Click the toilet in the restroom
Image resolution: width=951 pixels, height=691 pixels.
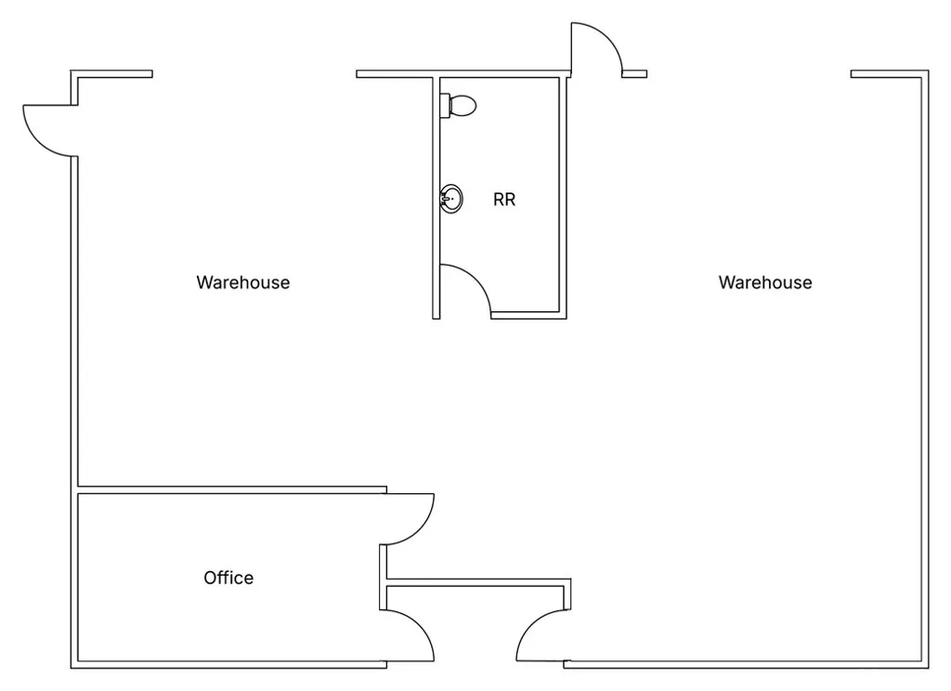[x=459, y=106]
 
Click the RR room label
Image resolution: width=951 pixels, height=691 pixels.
[x=504, y=200]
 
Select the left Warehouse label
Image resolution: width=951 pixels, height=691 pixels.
[x=242, y=282]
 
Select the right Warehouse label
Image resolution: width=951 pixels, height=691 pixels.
[x=764, y=282]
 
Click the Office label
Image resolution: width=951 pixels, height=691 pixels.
[x=228, y=578]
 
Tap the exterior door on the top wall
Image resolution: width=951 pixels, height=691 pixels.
[x=595, y=46]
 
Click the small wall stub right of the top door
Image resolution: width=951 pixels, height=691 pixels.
[x=634, y=73]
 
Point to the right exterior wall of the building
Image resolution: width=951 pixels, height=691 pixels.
[x=925, y=372]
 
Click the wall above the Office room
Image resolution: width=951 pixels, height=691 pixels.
[x=232, y=489]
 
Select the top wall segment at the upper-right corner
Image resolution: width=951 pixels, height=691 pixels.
[x=888, y=73]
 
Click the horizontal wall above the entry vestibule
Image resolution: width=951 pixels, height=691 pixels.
[x=475, y=582]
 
